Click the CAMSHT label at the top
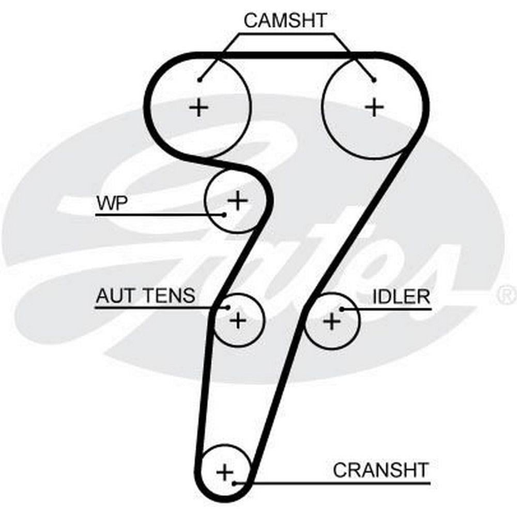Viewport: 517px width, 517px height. point(285,21)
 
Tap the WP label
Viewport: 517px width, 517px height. point(111,203)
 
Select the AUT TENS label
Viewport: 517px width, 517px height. point(145,296)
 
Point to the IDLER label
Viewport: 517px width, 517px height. point(401,297)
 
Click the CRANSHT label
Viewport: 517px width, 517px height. point(381,470)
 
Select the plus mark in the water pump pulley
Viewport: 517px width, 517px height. point(237,200)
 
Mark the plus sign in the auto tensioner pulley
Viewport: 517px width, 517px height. point(238,321)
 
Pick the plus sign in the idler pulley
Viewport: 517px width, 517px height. point(331,321)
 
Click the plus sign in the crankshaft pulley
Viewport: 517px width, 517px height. point(225,472)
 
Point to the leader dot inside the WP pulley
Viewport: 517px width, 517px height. point(224,214)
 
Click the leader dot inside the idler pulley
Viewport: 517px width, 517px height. point(342,309)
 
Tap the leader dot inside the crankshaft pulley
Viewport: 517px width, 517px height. point(235,483)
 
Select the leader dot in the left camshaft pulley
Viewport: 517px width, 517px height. point(200,79)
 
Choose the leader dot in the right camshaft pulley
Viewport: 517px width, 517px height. point(374,79)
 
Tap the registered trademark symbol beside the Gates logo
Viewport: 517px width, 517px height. point(504,295)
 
